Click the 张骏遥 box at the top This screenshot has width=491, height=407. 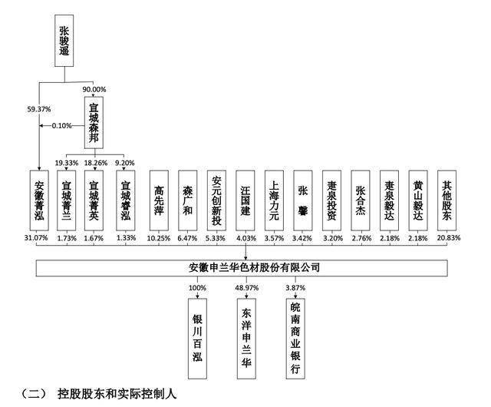(x=64, y=41)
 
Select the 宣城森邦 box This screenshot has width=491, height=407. (x=94, y=123)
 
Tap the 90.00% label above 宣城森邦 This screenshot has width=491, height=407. (x=94, y=89)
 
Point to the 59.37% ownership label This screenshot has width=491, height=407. (x=39, y=109)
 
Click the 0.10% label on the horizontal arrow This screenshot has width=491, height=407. (x=61, y=126)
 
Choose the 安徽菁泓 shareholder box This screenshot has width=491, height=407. (x=39, y=200)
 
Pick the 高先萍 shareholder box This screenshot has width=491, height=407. (x=159, y=200)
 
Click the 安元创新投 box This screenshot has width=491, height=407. (x=216, y=200)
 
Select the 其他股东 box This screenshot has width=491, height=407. (x=447, y=200)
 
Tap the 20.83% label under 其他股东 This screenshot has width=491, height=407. (x=449, y=238)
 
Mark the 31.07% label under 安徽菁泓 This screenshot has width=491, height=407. (x=36, y=238)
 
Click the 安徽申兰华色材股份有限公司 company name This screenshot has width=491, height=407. (x=254, y=268)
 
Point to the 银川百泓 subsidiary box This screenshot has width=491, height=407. (x=197, y=339)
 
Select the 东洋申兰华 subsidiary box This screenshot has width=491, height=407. (x=246, y=339)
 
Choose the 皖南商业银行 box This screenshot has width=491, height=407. (x=295, y=339)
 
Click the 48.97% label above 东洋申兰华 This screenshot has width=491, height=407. (x=247, y=288)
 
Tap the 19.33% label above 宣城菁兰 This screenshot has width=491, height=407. (x=67, y=163)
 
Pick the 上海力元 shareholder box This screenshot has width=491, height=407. (x=274, y=200)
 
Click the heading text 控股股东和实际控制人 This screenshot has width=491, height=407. (x=117, y=394)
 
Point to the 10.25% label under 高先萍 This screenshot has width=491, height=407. (x=159, y=238)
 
